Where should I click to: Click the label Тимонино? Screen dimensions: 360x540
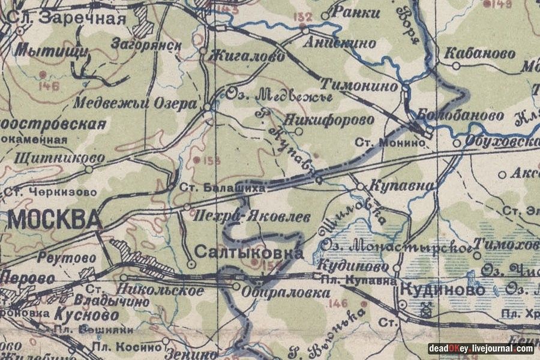[x=359, y=86]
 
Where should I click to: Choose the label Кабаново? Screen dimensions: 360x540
[x=479, y=53]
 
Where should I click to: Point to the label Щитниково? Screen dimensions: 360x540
[x=53, y=158]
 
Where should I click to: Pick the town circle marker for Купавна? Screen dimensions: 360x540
[x=360, y=187]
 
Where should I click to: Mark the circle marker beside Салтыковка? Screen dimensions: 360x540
[x=191, y=263]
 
